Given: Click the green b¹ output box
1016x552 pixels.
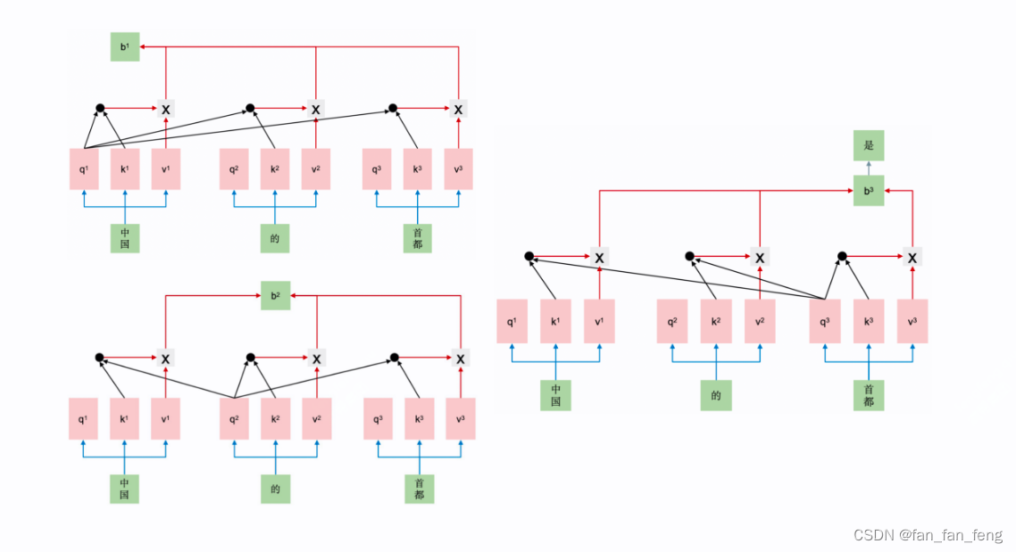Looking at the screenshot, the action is (x=125, y=46).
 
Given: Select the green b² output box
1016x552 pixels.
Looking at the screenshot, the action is (x=275, y=296).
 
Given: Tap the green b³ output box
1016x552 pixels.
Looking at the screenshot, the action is (x=869, y=191).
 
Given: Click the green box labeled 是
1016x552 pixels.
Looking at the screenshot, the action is (x=869, y=145).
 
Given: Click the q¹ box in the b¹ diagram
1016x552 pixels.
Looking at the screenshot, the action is (x=84, y=169).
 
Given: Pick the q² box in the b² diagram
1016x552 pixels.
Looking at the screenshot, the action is (x=234, y=419).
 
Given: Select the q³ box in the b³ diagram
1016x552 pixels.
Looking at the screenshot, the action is (x=825, y=321).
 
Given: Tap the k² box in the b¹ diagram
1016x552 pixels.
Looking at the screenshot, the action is (x=275, y=169).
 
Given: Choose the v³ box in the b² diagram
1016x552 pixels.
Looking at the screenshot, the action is (x=461, y=419).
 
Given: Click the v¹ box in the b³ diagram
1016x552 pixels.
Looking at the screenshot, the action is (x=599, y=321).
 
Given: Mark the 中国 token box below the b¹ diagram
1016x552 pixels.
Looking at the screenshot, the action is (x=125, y=238).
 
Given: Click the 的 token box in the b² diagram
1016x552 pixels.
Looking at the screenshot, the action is (x=275, y=489).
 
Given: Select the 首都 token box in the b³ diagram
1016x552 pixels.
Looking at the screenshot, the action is (x=869, y=395).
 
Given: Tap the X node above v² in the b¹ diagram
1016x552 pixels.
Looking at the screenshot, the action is (x=315, y=110).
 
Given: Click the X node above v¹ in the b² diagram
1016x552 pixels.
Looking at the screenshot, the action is (x=165, y=358).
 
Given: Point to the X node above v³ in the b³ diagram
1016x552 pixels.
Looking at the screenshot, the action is (x=912, y=258).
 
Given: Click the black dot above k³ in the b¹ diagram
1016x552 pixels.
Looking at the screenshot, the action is (x=393, y=108).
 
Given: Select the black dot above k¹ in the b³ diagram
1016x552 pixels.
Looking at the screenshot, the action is (x=529, y=256).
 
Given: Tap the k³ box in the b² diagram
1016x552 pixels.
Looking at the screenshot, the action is (x=420, y=419).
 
